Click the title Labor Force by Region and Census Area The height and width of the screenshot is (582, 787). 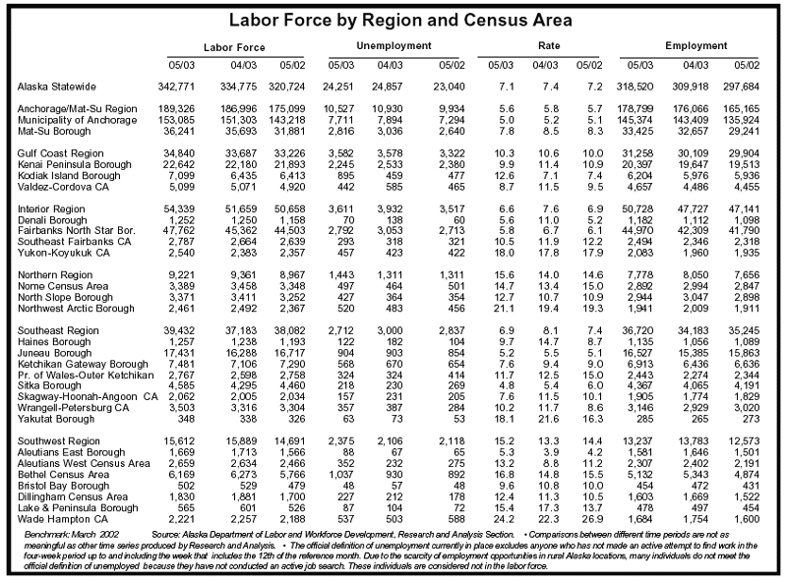[400, 20]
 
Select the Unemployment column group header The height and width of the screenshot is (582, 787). [394, 45]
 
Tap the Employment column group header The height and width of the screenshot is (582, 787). [696, 45]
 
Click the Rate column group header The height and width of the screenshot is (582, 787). [549, 45]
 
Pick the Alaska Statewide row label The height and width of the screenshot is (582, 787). [57, 87]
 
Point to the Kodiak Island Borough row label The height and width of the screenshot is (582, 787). [69, 176]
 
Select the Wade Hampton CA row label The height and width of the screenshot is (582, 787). [63, 519]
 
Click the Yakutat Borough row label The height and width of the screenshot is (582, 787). [56, 419]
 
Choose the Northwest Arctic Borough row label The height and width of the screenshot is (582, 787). [77, 308]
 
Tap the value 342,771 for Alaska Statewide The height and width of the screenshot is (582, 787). [176, 87]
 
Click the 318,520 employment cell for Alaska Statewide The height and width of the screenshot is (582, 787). [635, 87]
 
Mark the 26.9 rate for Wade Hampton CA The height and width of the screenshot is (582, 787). [593, 519]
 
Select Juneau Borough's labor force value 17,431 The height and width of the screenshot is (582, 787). [179, 353]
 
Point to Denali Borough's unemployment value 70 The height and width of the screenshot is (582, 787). [347, 220]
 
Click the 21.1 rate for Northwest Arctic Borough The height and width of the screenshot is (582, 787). [505, 308]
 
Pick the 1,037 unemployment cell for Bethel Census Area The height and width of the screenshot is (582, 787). [341, 474]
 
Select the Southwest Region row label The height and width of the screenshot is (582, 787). [59, 441]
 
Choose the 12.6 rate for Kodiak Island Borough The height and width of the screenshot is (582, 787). [505, 176]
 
